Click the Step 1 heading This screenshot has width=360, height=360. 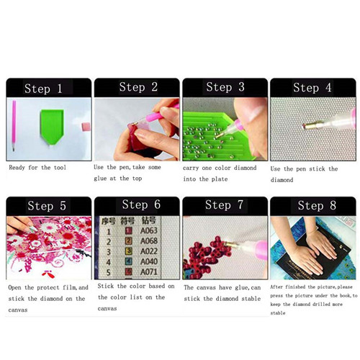point(43,89)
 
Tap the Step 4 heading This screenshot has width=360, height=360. point(312,88)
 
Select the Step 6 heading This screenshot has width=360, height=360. point(141,204)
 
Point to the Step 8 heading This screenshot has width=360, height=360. point(317,205)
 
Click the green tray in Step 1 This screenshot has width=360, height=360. point(52,127)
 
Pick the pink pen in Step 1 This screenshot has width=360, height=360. point(14,125)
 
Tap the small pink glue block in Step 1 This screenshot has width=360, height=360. point(86,127)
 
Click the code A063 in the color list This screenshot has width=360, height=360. point(149,230)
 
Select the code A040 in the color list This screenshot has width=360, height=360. point(149,261)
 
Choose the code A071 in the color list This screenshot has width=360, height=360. point(149,272)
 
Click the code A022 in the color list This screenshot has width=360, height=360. point(149,251)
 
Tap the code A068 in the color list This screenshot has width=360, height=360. point(149,240)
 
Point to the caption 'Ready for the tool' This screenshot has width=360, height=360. point(37,168)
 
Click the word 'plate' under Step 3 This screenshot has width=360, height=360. point(220,179)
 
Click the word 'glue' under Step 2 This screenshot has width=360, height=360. point(100,179)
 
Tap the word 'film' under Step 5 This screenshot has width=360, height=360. point(69,287)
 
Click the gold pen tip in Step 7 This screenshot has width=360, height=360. point(231,245)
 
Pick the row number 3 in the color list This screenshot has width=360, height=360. point(109,252)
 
